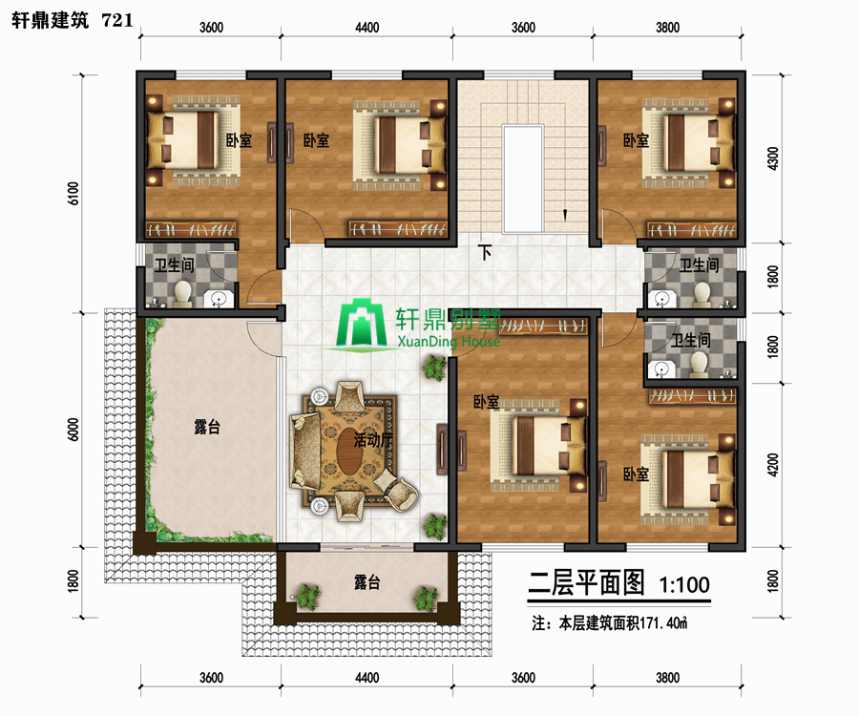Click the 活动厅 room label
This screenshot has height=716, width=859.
(x=373, y=439)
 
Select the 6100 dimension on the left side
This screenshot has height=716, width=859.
(x=73, y=194)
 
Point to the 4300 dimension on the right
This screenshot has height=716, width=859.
(x=773, y=158)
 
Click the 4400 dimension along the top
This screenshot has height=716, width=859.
(x=367, y=28)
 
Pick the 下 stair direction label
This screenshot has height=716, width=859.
(x=484, y=253)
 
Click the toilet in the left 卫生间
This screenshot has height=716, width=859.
(x=182, y=294)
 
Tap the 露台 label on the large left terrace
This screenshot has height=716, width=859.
(x=207, y=427)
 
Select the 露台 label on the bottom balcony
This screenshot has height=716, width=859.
(x=367, y=581)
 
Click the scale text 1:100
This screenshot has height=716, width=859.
(x=684, y=585)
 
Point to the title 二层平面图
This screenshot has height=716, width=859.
(x=586, y=583)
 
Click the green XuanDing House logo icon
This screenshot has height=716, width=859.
(x=362, y=325)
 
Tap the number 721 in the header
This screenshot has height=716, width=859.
(x=117, y=20)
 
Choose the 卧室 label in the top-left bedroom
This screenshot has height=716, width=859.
(x=239, y=140)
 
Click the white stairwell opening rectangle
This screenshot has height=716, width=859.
(x=523, y=179)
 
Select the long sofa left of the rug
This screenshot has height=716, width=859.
(x=305, y=452)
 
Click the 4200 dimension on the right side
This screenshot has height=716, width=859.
(x=773, y=465)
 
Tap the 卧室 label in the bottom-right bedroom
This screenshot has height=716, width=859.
(x=636, y=474)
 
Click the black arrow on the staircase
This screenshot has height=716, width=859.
(x=565, y=215)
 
